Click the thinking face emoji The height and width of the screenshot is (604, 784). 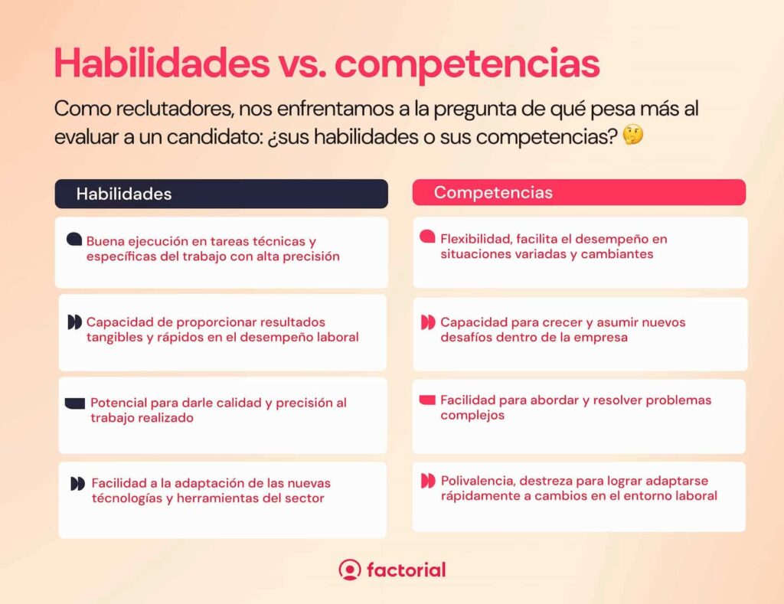pyautogui.click(x=633, y=135)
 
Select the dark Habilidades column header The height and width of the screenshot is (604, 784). pyautogui.click(x=221, y=194)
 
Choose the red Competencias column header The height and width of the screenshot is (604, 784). pyautogui.click(x=579, y=192)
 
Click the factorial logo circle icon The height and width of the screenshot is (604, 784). pyautogui.click(x=350, y=570)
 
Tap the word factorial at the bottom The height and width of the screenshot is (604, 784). pyautogui.click(x=406, y=570)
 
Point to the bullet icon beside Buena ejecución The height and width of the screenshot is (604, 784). pyautogui.click(x=74, y=240)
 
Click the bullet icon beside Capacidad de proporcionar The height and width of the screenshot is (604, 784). pyautogui.click(x=74, y=322)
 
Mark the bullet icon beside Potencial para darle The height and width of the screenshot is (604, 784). pyautogui.click(x=75, y=403)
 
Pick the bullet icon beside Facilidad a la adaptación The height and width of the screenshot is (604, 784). pyautogui.click(x=77, y=484)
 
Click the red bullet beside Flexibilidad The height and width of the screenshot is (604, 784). pyautogui.click(x=427, y=238)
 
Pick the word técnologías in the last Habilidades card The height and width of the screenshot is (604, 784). pyautogui.click(x=127, y=498)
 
